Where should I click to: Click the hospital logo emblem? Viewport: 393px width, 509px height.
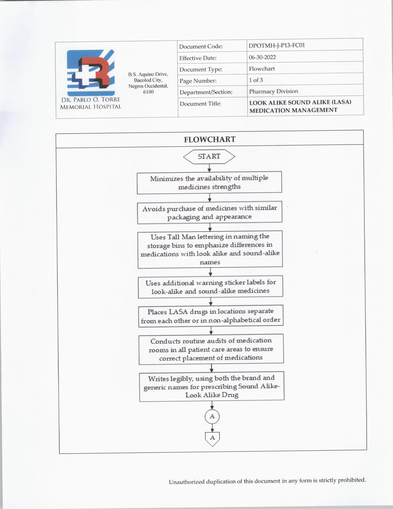coord(91,73)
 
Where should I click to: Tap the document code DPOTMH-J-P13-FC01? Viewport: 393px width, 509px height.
coord(276,45)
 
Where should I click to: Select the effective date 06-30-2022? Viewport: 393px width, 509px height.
coord(262,57)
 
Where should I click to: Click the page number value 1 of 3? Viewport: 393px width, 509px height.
coord(256,80)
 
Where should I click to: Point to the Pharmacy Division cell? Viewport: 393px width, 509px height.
coord(273,91)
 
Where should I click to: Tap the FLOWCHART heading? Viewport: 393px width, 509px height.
coord(210,139)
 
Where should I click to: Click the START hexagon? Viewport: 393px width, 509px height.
coord(209,156)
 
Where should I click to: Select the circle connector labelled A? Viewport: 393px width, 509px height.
coord(212,416)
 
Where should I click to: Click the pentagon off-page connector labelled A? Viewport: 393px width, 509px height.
coord(212,438)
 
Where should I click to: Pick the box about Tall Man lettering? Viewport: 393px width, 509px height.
coord(210,249)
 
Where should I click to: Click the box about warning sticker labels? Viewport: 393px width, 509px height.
coord(211,287)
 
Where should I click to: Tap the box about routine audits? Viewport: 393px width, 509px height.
coord(211,349)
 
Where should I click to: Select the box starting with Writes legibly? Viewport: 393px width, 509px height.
coord(212,386)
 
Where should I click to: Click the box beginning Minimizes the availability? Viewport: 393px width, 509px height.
coord(209,182)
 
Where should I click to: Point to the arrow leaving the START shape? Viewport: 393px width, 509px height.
coord(209,168)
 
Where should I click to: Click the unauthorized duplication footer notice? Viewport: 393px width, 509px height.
coord(267,481)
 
